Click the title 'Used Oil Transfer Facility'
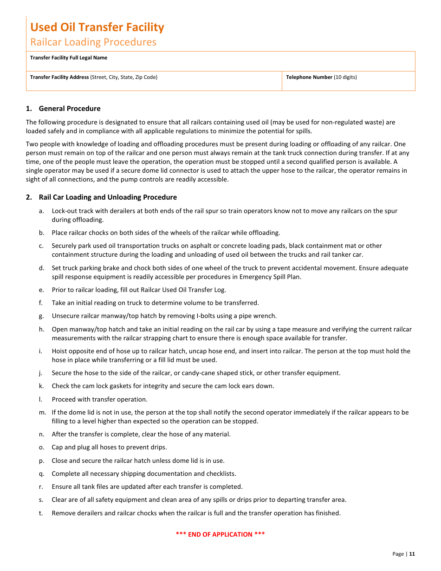[x=97, y=27]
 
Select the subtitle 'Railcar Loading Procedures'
[x=93, y=42]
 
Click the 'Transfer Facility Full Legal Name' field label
[x=69, y=58]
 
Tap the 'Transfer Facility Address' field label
[x=59, y=78]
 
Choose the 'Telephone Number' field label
[x=309, y=78]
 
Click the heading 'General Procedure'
[x=69, y=109]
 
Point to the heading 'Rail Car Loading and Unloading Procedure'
[x=108, y=197]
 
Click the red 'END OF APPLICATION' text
[x=220, y=534]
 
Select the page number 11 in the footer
[x=412, y=554]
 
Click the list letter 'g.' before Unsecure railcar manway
[x=42, y=316]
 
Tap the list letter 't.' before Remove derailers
[x=41, y=513]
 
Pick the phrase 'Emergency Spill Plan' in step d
[x=271, y=277]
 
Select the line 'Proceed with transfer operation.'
[x=99, y=400]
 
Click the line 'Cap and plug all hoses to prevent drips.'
[x=109, y=448]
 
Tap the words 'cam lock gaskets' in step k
[x=93, y=386]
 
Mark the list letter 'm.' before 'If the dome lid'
[x=42, y=413]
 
